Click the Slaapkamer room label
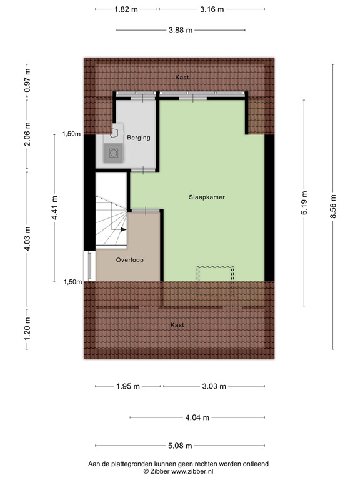pyautogui.click(x=206, y=197)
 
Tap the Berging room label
pyautogui.click(x=138, y=137)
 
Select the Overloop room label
pyautogui.click(x=129, y=259)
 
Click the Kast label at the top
pyautogui.click(x=182, y=77)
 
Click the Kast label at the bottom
pyautogui.click(x=177, y=325)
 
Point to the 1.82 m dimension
pyautogui.click(x=126, y=9)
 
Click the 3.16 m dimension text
pyautogui.click(x=211, y=9)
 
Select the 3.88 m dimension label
pyautogui.click(x=180, y=30)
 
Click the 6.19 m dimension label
pyautogui.click(x=304, y=204)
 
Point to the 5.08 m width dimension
pyautogui.click(x=179, y=446)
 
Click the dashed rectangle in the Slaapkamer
pyautogui.click(x=215, y=274)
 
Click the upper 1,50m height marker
pyautogui.click(x=71, y=134)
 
